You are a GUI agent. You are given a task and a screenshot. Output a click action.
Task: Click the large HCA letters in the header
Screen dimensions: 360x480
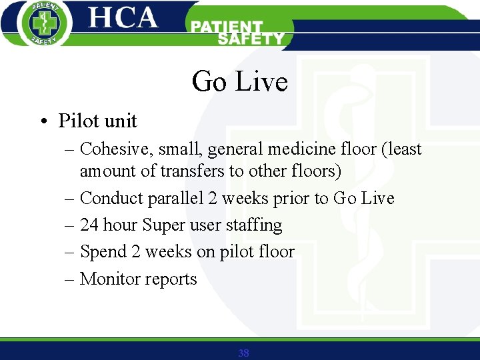123,18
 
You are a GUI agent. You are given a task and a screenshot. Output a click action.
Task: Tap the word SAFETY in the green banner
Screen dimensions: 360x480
251,39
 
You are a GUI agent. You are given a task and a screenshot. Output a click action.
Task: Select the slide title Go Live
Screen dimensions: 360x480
239,82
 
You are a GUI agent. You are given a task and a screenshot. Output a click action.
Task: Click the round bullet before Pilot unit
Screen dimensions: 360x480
43,121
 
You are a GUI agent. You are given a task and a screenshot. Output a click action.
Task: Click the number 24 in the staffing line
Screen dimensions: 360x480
89,225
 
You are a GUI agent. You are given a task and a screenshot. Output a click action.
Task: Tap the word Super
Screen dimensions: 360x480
163,225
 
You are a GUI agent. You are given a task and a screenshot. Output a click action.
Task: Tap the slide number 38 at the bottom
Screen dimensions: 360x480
243,353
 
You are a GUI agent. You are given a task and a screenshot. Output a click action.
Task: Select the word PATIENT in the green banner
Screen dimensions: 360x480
227,27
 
